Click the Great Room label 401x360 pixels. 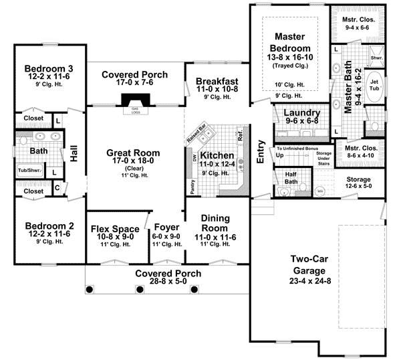pos(132,153)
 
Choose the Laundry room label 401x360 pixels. pos(301,113)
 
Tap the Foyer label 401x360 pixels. pos(166,227)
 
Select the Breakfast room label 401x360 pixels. pos(218,82)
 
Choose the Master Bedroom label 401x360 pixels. pos(289,43)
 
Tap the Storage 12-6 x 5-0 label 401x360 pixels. pos(363,180)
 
